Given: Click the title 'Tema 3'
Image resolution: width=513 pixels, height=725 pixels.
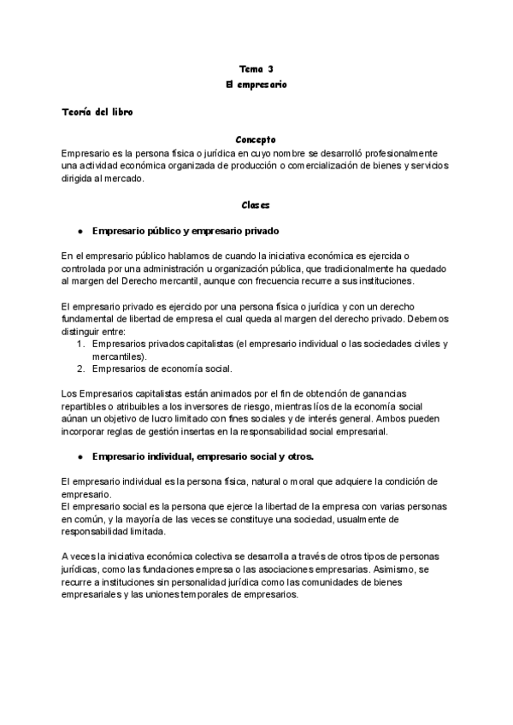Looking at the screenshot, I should (x=256, y=68).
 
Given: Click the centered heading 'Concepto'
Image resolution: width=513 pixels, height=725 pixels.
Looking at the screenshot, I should (x=256, y=139).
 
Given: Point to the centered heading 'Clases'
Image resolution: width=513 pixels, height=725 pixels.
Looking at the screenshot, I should (x=256, y=205).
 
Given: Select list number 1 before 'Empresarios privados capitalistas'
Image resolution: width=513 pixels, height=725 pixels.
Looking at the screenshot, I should (x=80, y=344).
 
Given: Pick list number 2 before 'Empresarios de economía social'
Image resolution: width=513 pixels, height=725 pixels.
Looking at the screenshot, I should (x=80, y=368).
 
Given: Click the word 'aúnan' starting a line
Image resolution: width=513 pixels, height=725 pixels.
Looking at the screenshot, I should (x=76, y=419).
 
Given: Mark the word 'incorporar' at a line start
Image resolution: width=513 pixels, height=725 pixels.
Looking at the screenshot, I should (x=85, y=432).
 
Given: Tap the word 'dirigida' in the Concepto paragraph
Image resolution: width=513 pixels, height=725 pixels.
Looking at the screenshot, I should (x=79, y=179).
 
